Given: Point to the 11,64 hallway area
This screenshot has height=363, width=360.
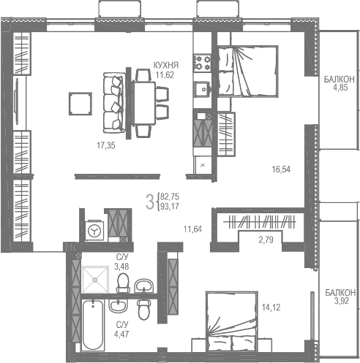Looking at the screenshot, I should click(x=192, y=229).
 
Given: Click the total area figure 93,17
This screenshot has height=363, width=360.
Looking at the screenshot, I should click(x=170, y=207).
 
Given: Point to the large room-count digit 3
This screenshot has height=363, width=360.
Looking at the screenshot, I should click(x=150, y=202).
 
